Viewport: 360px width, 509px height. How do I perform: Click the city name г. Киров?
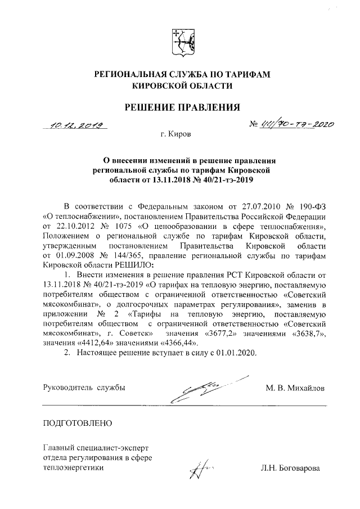175,136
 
